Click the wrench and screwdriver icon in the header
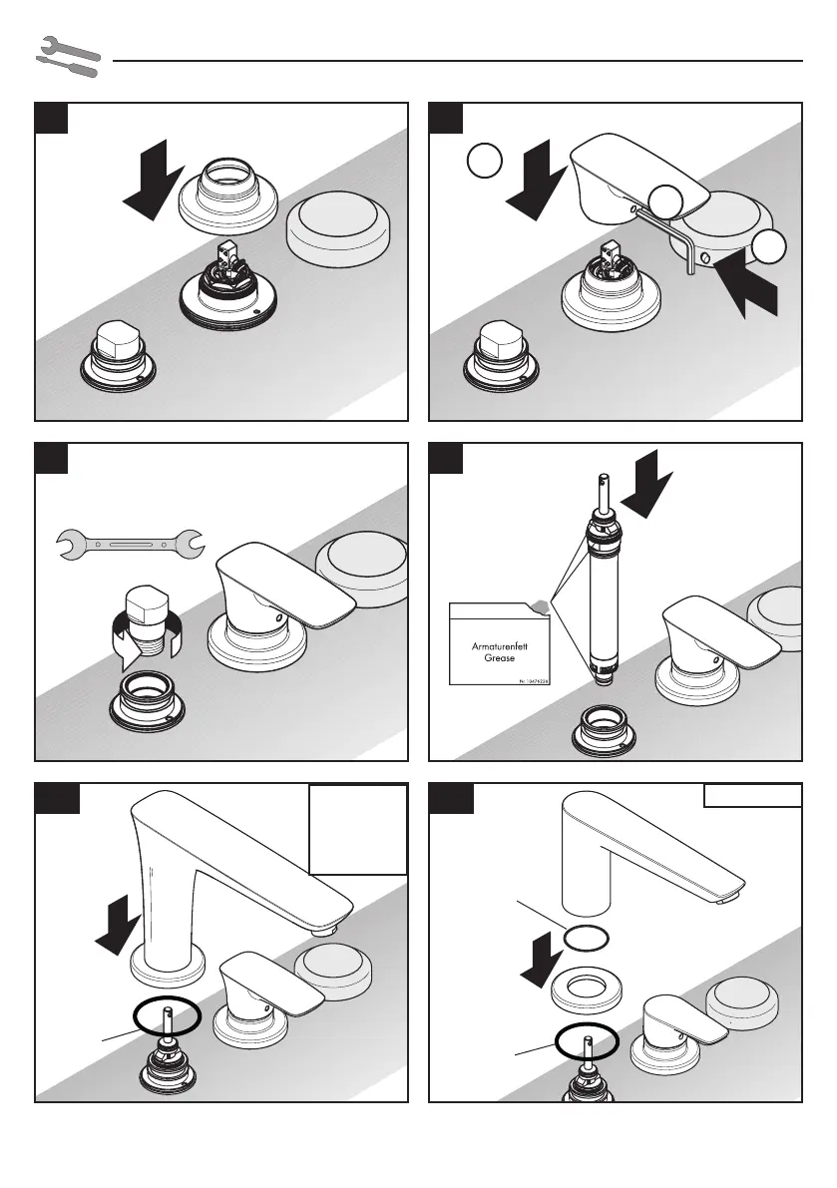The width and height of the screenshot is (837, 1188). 68,58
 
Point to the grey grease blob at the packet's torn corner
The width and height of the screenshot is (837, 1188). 541,604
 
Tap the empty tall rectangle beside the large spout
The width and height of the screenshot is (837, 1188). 358,830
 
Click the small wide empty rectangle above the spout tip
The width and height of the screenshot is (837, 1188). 753,795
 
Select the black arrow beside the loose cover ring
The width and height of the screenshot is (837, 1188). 155,180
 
